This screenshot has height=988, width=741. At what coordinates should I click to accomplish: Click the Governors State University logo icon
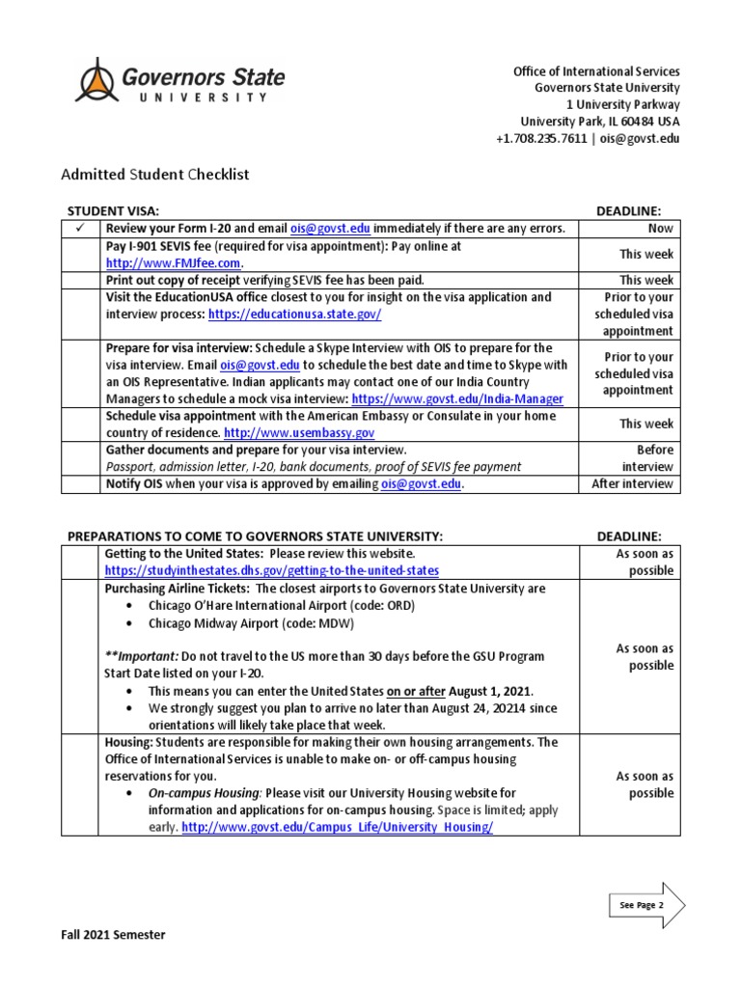coord(96,81)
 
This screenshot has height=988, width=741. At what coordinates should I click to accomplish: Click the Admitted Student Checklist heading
coord(155,175)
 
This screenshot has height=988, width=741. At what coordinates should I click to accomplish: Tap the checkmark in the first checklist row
coord(80,229)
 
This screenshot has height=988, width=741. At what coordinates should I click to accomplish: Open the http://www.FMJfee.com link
coord(174,262)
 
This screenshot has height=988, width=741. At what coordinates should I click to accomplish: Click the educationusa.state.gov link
coord(298,315)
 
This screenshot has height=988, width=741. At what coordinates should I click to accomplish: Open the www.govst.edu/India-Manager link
coord(457,398)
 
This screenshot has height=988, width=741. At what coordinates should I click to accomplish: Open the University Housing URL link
coord(337,828)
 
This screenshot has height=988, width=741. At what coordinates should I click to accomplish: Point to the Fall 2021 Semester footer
coord(114,935)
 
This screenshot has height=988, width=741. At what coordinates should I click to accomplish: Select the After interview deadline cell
coord(632,484)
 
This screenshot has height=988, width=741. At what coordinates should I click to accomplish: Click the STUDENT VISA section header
coord(112,210)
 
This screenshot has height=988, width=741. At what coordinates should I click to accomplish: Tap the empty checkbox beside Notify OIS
coord(80,484)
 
